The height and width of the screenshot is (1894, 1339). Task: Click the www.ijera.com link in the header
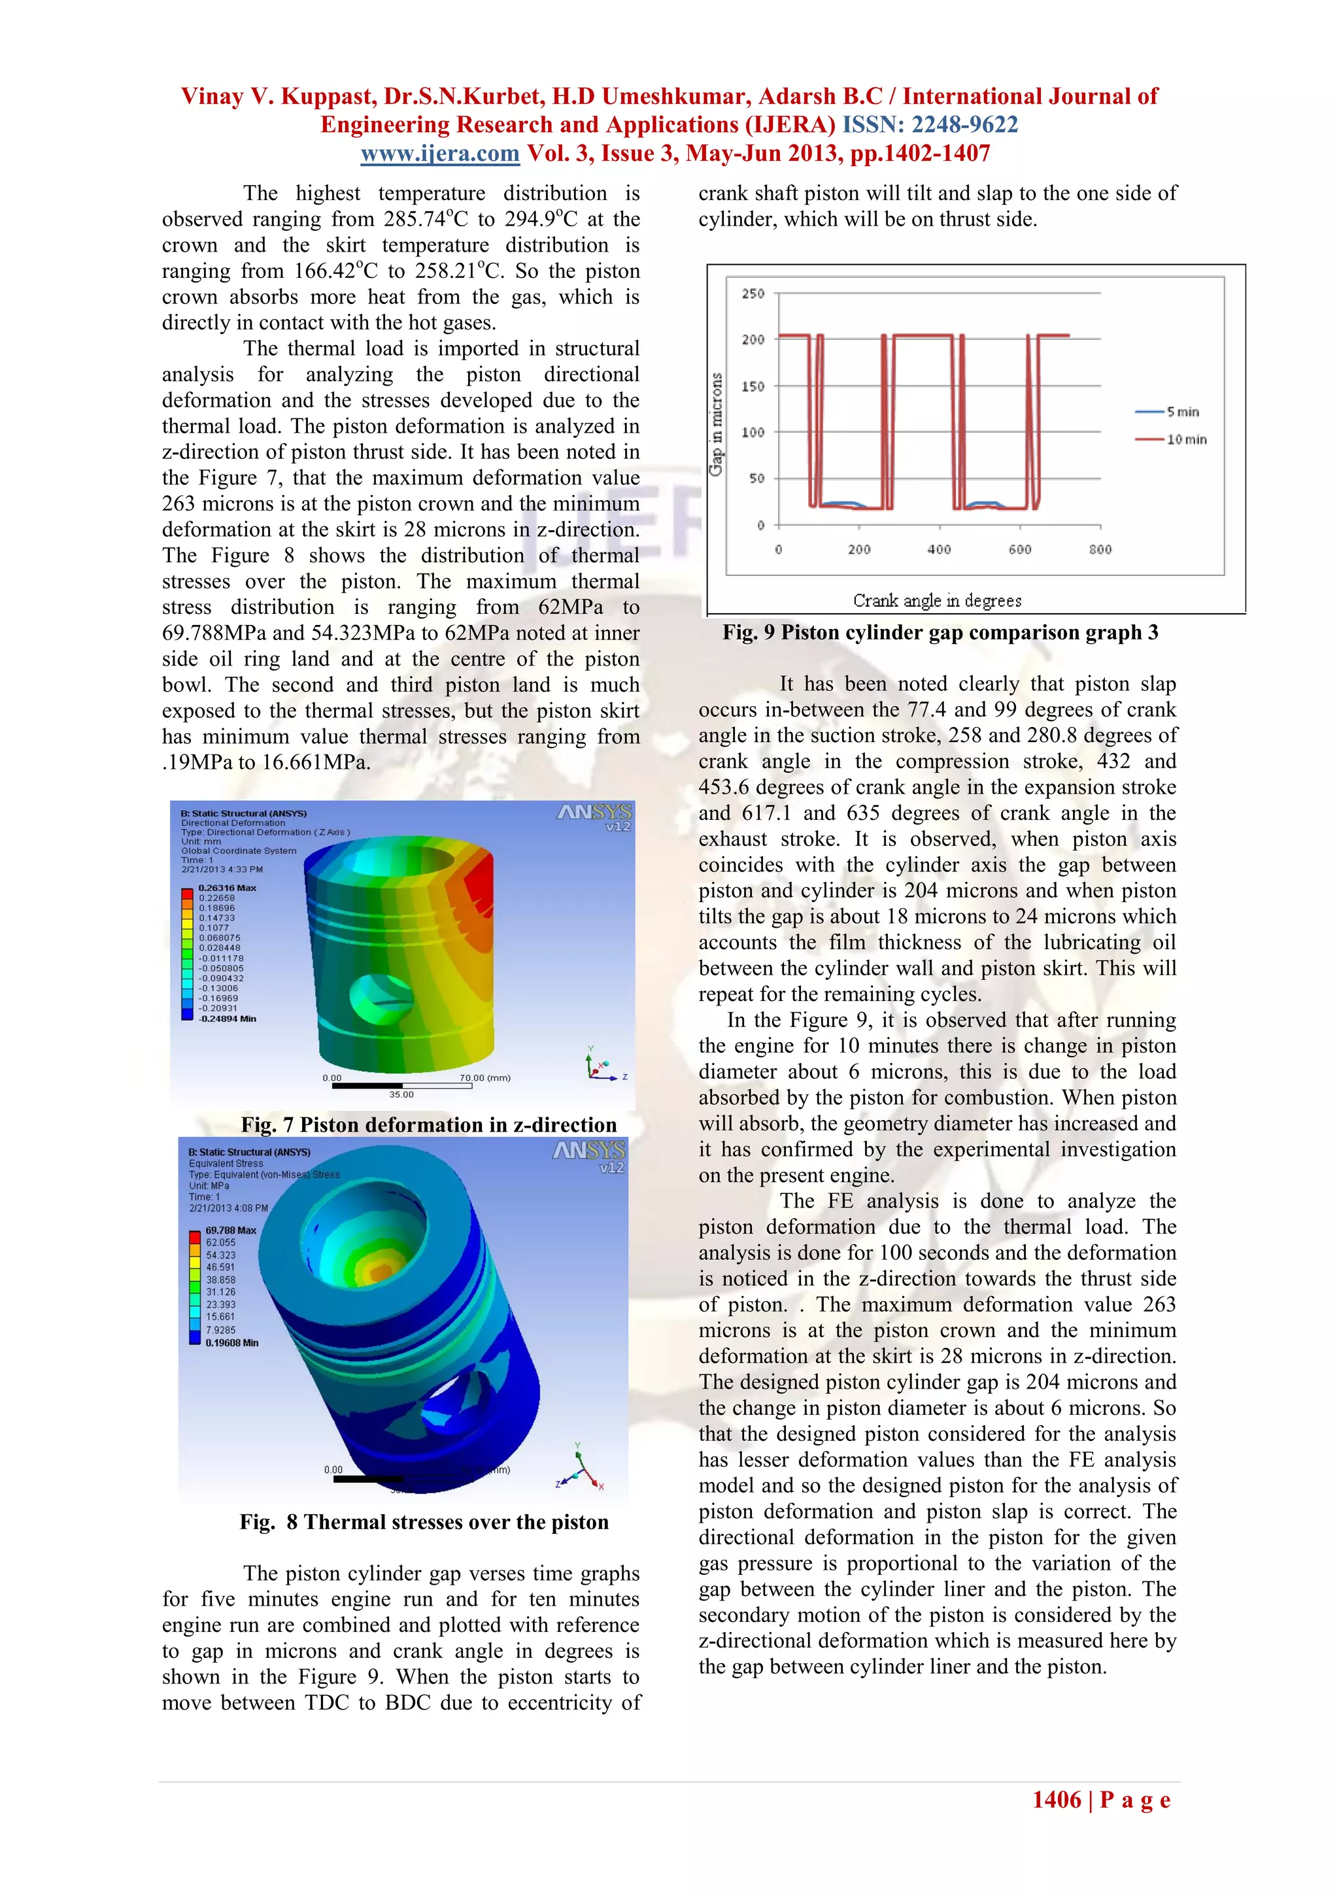[440, 154]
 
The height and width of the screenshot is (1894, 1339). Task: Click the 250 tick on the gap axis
[753, 294]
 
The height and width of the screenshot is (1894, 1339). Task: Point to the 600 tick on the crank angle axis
[1020, 549]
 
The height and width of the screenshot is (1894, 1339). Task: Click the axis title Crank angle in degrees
[937, 601]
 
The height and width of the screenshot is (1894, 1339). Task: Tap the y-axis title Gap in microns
[716, 424]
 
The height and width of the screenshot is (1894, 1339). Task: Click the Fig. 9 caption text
[941, 633]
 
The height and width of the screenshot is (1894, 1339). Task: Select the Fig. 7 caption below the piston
[428, 1125]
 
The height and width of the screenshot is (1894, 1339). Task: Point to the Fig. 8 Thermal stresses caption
[424, 1522]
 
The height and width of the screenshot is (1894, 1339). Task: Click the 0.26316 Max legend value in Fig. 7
[227, 888]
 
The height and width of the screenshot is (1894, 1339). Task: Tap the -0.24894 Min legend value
[227, 1019]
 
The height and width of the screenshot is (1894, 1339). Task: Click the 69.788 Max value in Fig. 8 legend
[231, 1230]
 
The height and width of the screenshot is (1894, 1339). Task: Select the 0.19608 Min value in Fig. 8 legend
[232, 1343]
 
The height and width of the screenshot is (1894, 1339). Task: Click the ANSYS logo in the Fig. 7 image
[594, 813]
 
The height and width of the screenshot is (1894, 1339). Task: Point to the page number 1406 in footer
[1056, 1799]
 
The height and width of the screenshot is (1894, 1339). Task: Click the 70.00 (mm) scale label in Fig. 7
[484, 1077]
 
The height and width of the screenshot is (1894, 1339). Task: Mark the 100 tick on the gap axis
[753, 432]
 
